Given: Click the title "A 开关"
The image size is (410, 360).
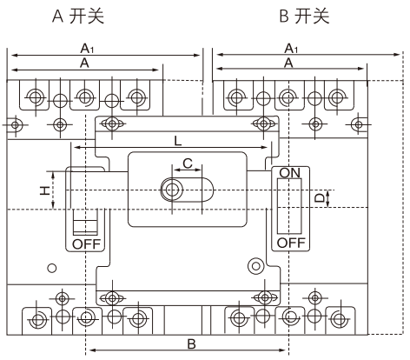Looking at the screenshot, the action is (78, 16).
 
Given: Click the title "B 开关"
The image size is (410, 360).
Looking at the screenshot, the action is (304, 16).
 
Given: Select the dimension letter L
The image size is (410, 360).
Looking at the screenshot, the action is (178, 141).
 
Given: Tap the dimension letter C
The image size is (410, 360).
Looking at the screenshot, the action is (188, 163).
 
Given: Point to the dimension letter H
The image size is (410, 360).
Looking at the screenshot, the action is (45, 190).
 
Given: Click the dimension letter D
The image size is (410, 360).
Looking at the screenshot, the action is (320, 198).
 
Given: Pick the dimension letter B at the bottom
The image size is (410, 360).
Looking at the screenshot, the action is (191, 344).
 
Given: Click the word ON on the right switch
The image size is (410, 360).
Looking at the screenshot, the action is (289, 173).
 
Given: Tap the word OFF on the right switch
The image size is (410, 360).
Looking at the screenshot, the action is (291, 243).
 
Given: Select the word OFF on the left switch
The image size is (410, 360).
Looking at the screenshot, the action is (86, 244).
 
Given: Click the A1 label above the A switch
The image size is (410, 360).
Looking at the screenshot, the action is (87, 48).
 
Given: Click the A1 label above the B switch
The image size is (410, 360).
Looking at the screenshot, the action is (291, 48).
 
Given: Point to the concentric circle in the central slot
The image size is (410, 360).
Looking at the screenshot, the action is (172, 190).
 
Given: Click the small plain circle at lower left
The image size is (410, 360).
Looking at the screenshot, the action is (52, 268).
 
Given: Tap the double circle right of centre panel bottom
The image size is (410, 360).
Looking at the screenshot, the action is (255, 266).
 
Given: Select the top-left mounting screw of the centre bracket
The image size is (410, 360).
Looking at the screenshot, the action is (112, 124).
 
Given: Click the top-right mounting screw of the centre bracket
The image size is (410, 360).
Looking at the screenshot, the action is (263, 124).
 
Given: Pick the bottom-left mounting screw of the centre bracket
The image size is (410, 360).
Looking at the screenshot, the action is (112, 298).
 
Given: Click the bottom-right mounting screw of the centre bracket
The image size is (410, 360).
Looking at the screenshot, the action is (265, 297).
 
